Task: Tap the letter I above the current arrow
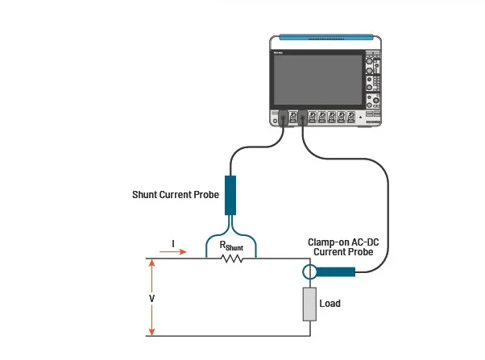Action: point(174,241)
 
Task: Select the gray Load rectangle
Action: point(309,306)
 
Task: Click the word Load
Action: point(330,304)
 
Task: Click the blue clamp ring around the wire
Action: point(309,271)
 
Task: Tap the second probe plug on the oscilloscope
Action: point(302,119)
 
